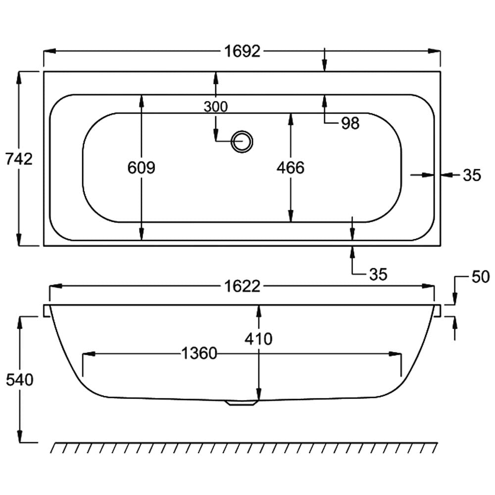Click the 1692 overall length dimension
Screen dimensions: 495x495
[x=242, y=51]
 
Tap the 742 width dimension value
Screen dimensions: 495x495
[x=19, y=159]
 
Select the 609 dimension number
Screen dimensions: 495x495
[x=141, y=167]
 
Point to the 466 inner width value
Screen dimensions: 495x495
[x=291, y=167]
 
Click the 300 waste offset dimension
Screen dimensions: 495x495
[x=216, y=107]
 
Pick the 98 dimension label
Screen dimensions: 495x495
[x=350, y=123]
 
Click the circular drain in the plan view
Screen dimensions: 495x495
[x=242, y=142]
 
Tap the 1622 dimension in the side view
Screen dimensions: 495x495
[x=242, y=286]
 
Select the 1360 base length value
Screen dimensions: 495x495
[x=199, y=353]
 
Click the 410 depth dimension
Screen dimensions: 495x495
[x=258, y=339]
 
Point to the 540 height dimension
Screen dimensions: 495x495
[x=20, y=380]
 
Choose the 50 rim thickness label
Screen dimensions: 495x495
[x=481, y=277]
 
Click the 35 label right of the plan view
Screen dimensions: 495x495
[x=472, y=175]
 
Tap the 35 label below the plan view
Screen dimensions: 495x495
[x=378, y=274]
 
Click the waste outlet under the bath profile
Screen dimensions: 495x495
[x=242, y=403]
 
